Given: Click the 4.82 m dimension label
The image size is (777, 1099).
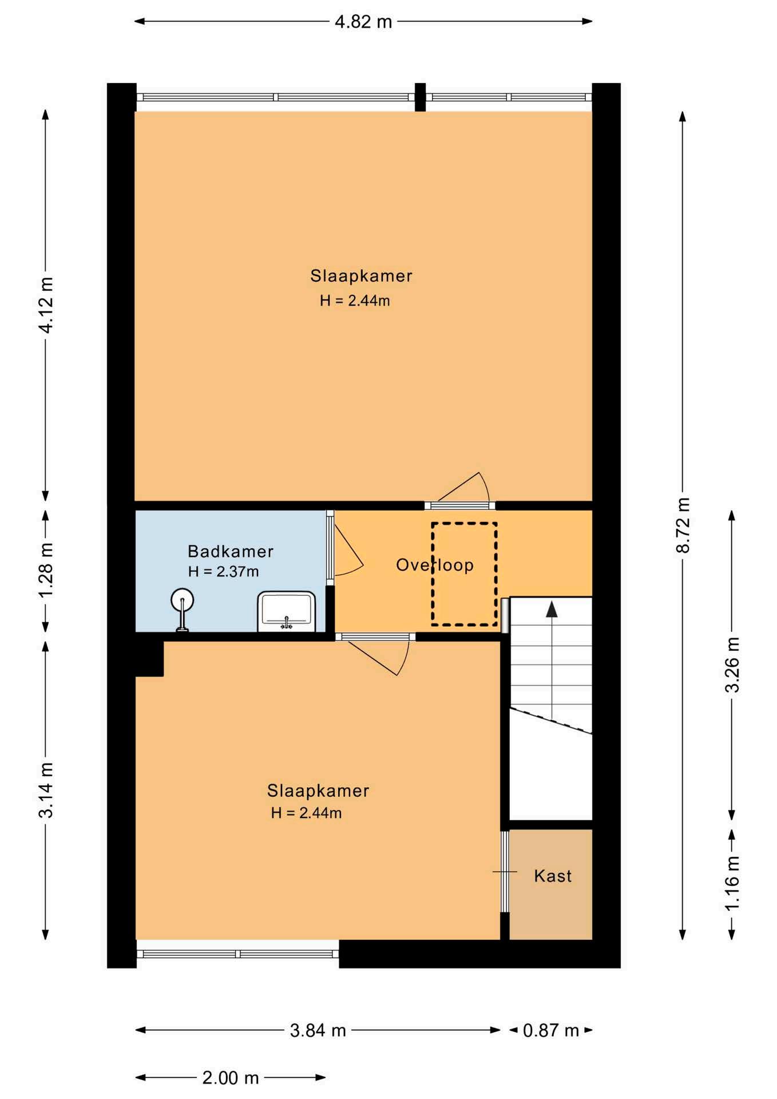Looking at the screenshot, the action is [x=363, y=22].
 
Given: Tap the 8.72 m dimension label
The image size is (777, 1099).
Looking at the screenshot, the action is [x=683, y=525].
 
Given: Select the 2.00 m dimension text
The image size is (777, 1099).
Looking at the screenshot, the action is [x=231, y=1078].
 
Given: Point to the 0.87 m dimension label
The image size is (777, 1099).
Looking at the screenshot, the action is [x=551, y=1030].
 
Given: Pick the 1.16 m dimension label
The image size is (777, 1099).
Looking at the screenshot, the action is [x=732, y=883].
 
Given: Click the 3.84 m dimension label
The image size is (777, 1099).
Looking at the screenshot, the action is [x=318, y=1030].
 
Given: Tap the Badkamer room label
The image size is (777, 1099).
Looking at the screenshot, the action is [x=231, y=551].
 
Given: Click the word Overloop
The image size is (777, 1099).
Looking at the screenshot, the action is [x=435, y=565].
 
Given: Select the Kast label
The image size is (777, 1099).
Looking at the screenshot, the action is [x=553, y=876].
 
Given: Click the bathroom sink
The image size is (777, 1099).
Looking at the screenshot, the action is [x=287, y=611].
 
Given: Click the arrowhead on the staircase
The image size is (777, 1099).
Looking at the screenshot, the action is [x=552, y=609].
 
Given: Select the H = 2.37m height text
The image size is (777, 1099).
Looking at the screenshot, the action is [x=223, y=571].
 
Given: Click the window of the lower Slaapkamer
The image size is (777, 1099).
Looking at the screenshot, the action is [x=237, y=954].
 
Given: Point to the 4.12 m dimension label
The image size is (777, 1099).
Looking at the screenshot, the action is [x=46, y=305].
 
